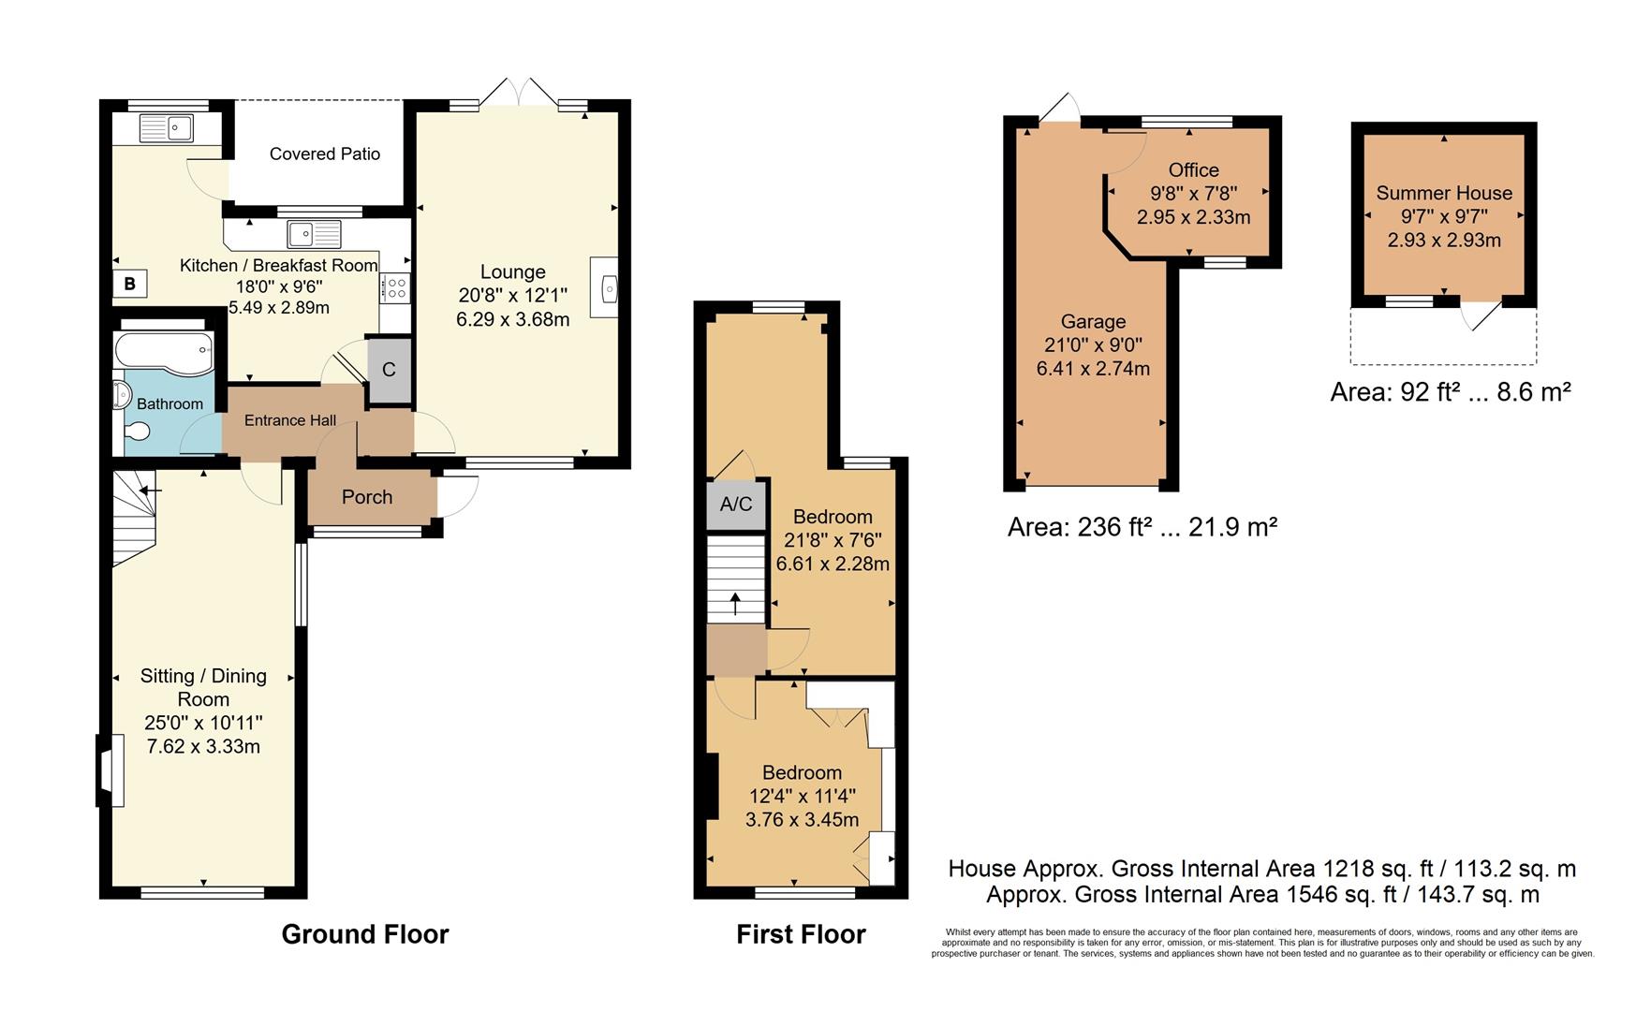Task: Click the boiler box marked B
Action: pyautogui.click(x=130, y=284)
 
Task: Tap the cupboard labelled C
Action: pyautogui.click(x=389, y=370)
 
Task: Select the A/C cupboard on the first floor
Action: pyautogui.click(x=736, y=505)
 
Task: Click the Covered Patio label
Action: pyautogui.click(x=324, y=154)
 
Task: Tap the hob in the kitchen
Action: pyautogui.click(x=395, y=288)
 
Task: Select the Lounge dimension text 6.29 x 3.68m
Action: pyautogui.click(x=512, y=320)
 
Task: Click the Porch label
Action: pyautogui.click(x=367, y=497)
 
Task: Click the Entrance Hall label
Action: pyautogui.click(x=289, y=421)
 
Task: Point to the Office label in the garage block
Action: pyautogui.click(x=1193, y=170)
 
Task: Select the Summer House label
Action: pyautogui.click(x=1443, y=194)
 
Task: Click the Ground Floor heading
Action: pyautogui.click(x=365, y=934)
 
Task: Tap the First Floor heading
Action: pyautogui.click(x=801, y=934)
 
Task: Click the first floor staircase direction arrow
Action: pyautogui.click(x=736, y=604)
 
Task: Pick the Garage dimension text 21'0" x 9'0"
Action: pyautogui.click(x=1092, y=345)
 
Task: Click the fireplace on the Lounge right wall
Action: pyautogui.click(x=605, y=288)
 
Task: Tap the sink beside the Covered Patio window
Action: pyautogui.click(x=314, y=233)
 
